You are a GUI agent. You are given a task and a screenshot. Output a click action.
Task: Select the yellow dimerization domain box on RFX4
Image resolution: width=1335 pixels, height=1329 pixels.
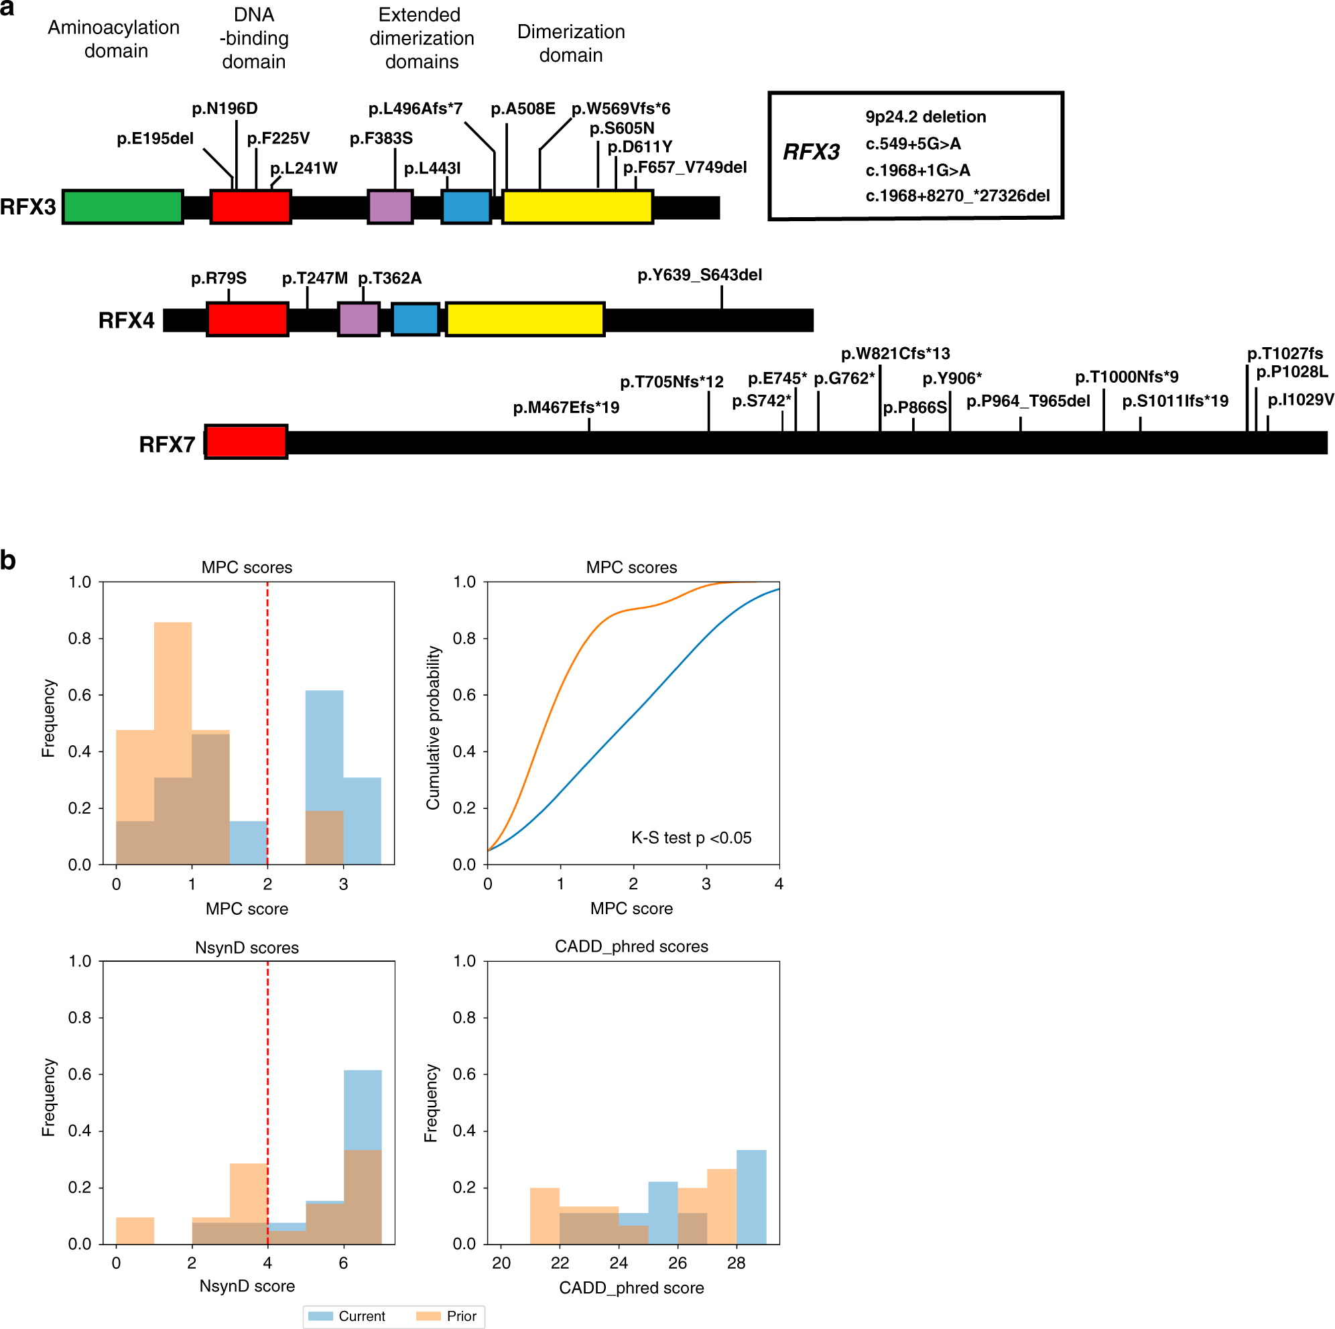point(525,319)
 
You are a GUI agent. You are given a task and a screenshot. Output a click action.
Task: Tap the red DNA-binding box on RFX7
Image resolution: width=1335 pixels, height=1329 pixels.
point(246,442)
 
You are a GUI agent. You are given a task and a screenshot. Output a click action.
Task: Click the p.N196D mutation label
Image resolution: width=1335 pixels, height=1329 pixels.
point(225,109)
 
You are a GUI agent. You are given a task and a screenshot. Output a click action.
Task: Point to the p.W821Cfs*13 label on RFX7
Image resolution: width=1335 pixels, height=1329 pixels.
point(895,354)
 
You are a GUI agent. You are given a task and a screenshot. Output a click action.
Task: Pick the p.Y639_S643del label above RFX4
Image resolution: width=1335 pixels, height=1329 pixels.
point(699,275)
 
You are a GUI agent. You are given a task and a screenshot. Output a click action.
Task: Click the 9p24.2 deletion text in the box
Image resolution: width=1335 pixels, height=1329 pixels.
point(926,117)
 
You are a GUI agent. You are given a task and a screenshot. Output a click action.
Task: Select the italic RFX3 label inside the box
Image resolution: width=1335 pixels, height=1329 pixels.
point(810,152)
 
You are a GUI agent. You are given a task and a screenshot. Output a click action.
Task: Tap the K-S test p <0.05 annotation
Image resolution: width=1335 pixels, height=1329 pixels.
point(691,838)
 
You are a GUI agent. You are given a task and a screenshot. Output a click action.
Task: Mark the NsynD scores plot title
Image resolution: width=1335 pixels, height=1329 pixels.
point(247,948)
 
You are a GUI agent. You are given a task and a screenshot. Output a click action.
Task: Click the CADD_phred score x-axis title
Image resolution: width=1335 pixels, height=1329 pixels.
point(631,1287)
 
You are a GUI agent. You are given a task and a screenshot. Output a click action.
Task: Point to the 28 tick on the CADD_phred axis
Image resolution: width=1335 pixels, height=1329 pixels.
point(736,1263)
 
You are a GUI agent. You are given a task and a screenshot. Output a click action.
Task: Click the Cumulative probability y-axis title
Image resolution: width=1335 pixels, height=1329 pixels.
point(433,728)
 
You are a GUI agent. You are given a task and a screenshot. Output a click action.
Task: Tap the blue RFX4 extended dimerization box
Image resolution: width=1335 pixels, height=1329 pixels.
point(415,319)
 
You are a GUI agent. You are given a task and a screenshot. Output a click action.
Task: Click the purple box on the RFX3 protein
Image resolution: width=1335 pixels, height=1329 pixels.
point(391,206)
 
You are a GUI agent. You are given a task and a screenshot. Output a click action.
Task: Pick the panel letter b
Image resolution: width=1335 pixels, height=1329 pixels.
point(8,560)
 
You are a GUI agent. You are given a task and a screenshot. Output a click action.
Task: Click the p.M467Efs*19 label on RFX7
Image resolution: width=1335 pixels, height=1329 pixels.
point(566,407)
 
